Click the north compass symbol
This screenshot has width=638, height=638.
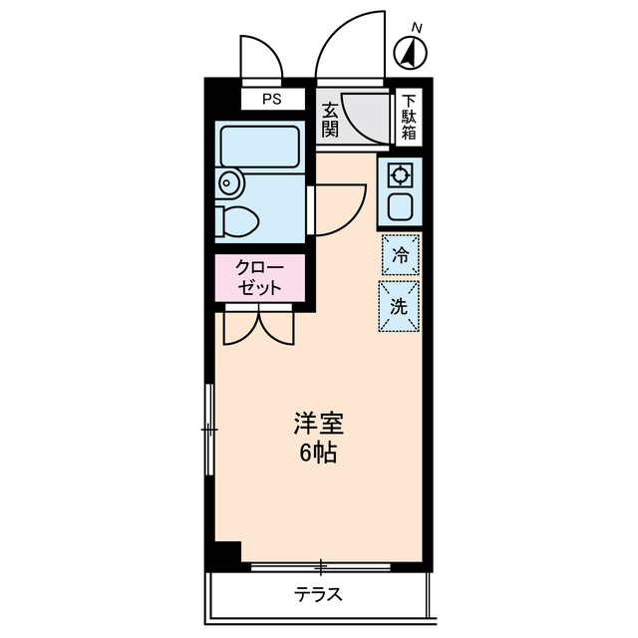410,51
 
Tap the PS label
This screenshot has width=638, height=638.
271,99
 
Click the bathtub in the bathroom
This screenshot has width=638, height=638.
260,146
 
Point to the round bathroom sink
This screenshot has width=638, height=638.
230,182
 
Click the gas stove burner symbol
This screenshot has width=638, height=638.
400,176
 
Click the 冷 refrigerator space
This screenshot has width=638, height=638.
400,255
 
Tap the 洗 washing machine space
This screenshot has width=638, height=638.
399,307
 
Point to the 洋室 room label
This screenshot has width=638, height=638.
319,424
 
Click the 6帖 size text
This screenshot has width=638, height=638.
319,454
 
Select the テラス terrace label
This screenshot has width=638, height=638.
319,595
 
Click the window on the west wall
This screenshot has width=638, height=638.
209,429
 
